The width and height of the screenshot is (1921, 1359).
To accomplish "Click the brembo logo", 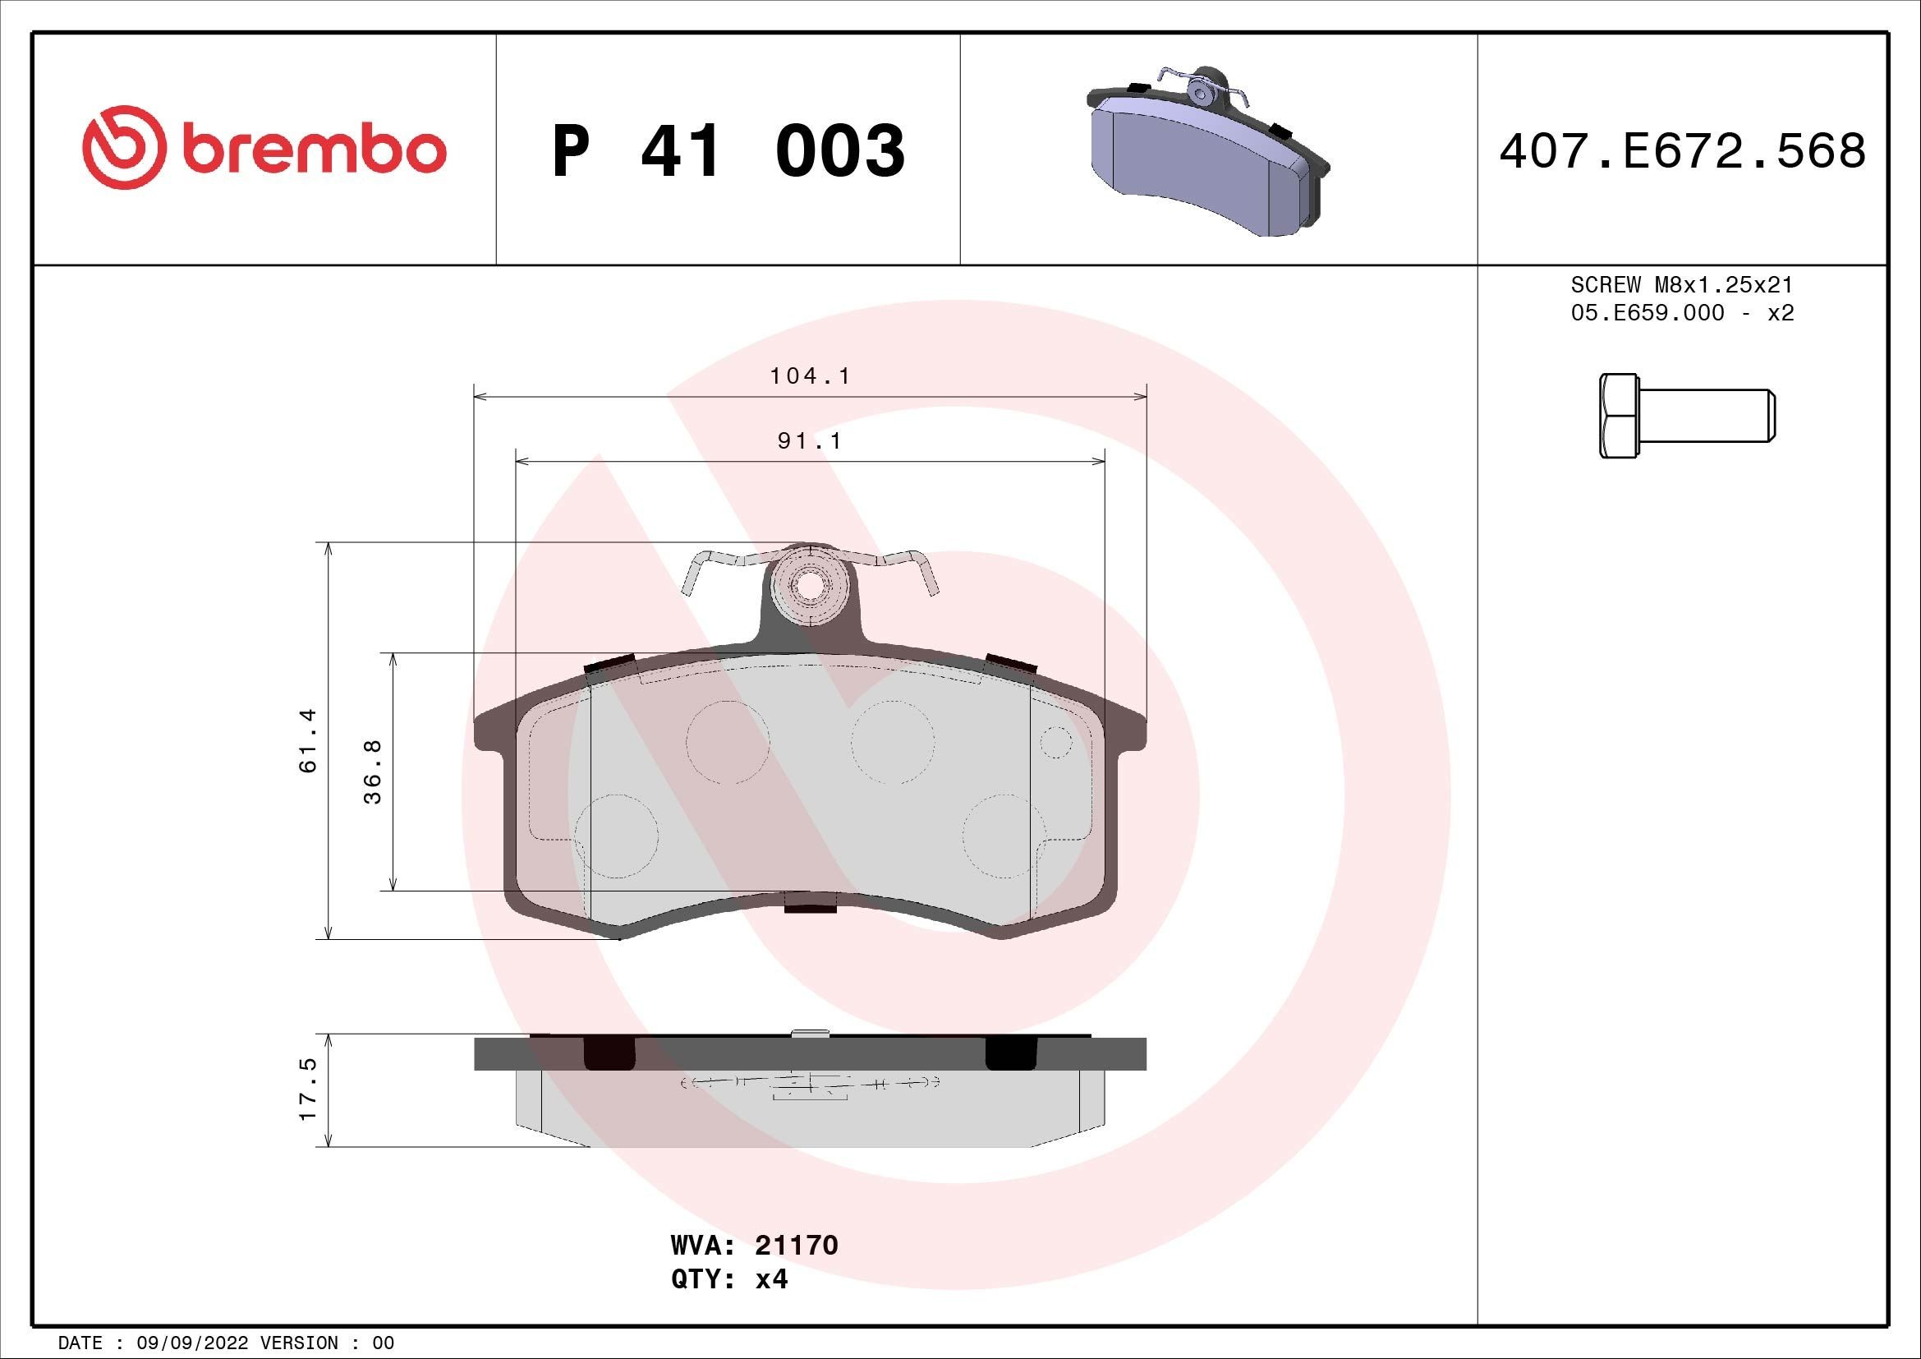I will point(264,149).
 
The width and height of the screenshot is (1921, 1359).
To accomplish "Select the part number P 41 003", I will point(728,151).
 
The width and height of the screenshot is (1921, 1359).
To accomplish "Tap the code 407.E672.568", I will point(1682,151).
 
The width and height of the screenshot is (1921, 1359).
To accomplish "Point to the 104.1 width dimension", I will point(809,376).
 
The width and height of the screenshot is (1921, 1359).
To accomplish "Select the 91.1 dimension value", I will point(809,440).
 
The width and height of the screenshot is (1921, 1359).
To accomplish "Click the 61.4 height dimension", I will point(308,739).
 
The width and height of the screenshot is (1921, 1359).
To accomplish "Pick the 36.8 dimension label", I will point(372,772).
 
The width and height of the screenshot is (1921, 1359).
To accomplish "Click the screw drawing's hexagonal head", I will point(1619,416).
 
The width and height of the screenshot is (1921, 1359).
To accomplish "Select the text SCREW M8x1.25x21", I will point(1682,284).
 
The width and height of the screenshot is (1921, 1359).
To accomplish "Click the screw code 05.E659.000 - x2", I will point(1682,313).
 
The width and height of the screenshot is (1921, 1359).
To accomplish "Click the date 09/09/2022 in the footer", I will point(191,1343).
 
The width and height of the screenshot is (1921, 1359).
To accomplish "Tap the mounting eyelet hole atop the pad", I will point(808,587).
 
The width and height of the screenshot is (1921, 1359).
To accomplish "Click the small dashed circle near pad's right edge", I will point(1056,742).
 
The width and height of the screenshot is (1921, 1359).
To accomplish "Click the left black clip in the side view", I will point(609,1053).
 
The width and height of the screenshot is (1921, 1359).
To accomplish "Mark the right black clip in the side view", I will point(1011,1053).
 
